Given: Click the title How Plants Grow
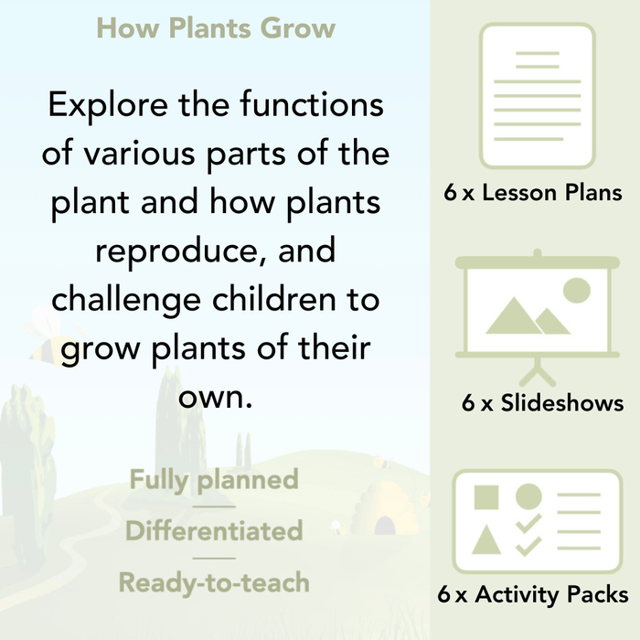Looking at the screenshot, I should pyautogui.click(x=216, y=27).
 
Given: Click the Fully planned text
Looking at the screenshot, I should pyautogui.click(x=214, y=479).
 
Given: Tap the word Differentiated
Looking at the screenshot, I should pyautogui.click(x=214, y=530).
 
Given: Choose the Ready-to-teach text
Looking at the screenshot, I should pyautogui.click(x=214, y=581).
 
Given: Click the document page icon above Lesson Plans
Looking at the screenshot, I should pyautogui.click(x=537, y=95).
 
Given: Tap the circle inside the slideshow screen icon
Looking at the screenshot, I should pyautogui.click(x=576, y=291).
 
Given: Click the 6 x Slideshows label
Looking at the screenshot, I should pyautogui.click(x=542, y=402).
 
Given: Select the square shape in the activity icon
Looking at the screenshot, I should pyautogui.click(x=487, y=498).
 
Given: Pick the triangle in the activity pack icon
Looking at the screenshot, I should pyautogui.click(x=487, y=540).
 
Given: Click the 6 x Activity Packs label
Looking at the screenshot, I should pyautogui.click(x=533, y=594).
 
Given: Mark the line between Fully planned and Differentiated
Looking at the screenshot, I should pyautogui.click(x=214, y=506).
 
